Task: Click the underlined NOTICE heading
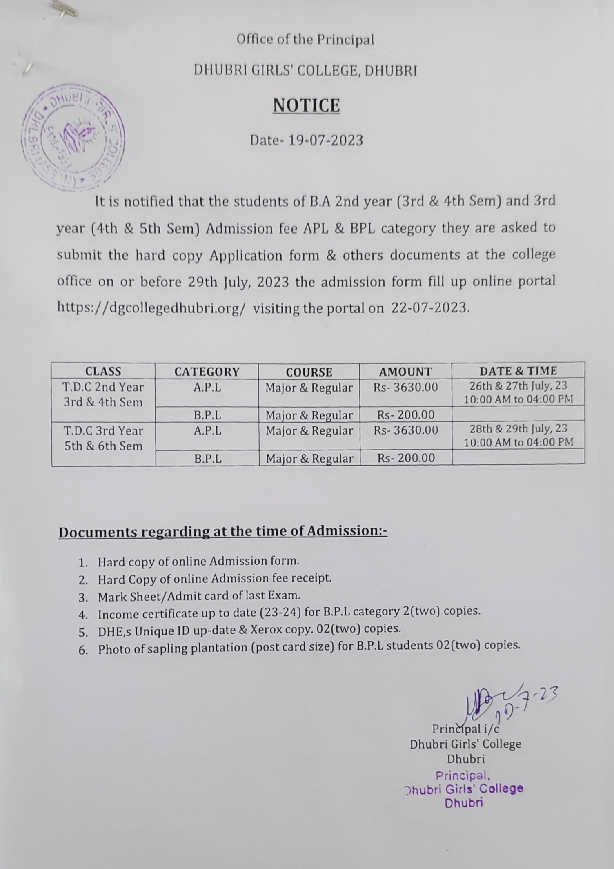tap(306, 105)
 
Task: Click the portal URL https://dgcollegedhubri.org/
tap(151, 308)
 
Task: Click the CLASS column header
tap(103, 371)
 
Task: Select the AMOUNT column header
tap(405, 372)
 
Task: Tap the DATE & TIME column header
tap(518, 371)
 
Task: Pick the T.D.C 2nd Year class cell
tap(103, 394)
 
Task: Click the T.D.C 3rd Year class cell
tap(104, 438)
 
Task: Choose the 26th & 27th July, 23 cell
tap(518, 392)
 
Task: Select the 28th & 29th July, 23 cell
tap(518, 435)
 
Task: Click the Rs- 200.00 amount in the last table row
tap(406, 458)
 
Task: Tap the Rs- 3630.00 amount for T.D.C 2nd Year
tap(405, 387)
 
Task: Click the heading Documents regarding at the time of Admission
tap(222, 532)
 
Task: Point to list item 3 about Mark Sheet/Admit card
tap(199, 596)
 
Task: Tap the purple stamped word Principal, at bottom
tap(461, 775)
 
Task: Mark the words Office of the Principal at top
tap(305, 40)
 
